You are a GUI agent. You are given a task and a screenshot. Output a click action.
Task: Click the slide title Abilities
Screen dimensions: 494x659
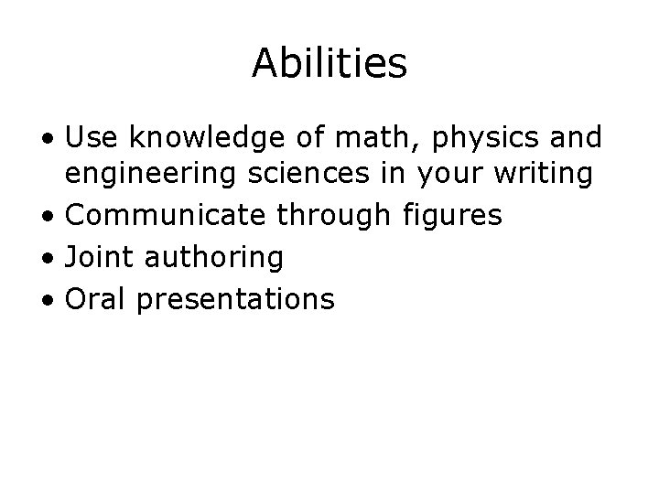pos(329,63)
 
